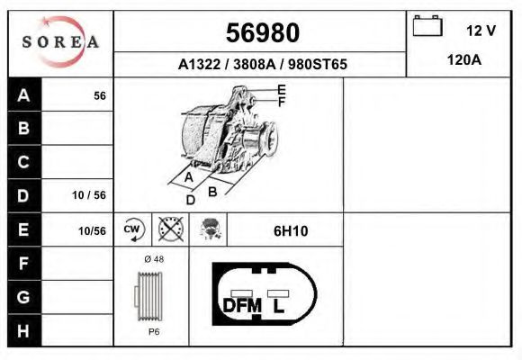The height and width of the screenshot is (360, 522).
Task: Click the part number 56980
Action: tap(262, 33)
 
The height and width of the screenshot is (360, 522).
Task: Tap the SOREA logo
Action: tap(61, 42)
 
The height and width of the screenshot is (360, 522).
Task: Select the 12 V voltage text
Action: tap(481, 31)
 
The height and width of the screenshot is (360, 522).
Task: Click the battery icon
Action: tap(426, 27)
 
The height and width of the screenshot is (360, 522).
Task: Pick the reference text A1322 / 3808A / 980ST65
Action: tap(263, 65)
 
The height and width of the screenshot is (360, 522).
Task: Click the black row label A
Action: tap(24, 95)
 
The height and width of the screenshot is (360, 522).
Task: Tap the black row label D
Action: tap(24, 195)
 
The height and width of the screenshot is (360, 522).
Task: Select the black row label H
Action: tap(24, 330)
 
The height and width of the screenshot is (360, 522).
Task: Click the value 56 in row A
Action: tap(100, 95)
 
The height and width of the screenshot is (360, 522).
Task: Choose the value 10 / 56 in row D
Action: tap(90, 195)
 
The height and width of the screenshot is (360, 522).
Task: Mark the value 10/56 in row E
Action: tap(92, 231)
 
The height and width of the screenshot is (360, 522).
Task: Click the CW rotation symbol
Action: tap(132, 230)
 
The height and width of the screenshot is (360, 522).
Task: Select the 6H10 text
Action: tap(291, 231)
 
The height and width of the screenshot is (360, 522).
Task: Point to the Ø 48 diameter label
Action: tap(153, 259)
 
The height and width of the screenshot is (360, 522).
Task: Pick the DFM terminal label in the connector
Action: tap(241, 306)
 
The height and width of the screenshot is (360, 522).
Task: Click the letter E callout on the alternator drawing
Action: tap(282, 89)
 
